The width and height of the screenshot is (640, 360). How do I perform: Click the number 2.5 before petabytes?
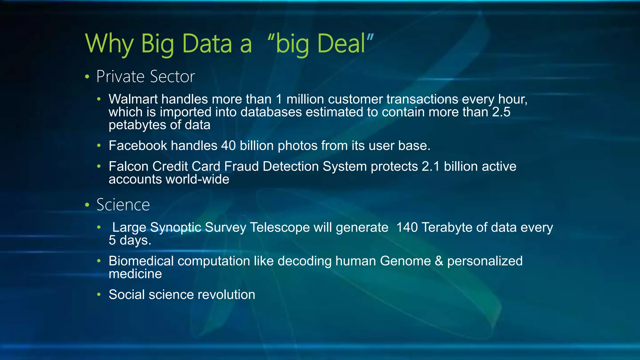(x=501, y=112)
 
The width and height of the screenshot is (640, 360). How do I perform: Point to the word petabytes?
(x=137, y=125)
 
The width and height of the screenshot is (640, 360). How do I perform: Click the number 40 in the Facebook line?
(x=228, y=146)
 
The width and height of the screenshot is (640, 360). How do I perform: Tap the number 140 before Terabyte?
(x=407, y=227)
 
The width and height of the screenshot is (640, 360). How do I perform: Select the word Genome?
(x=405, y=261)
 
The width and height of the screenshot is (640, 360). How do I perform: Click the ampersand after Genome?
(x=439, y=261)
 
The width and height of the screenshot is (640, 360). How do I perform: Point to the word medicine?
(x=135, y=274)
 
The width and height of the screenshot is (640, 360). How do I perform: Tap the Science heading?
(x=123, y=205)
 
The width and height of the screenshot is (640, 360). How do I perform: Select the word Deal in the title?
(x=341, y=44)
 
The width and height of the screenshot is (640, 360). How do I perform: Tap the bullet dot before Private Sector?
(x=87, y=77)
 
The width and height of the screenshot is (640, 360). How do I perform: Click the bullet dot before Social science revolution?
(x=99, y=295)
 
